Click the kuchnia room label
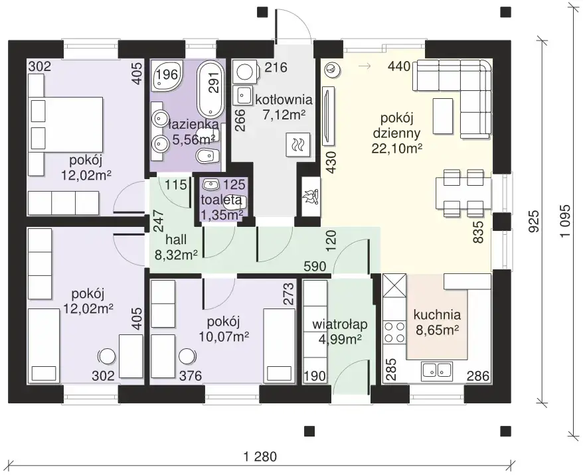pyautogui.click(x=437, y=315)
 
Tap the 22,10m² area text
pyautogui.click(x=396, y=148)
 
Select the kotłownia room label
pyautogui.click(x=284, y=100)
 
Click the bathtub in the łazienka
pyautogui.click(x=210, y=89)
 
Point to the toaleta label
pyautogui.click(x=221, y=200)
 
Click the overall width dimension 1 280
pyautogui.click(x=260, y=456)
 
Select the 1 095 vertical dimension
pyautogui.click(x=566, y=221)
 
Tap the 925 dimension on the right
pyautogui.click(x=534, y=222)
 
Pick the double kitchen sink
pyautogui.click(x=436, y=370)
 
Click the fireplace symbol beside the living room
pyautogui.click(x=311, y=196)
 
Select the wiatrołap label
pyautogui.click(x=339, y=324)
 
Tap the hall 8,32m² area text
pyautogui.click(x=176, y=255)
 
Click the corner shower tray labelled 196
pyautogui.click(x=167, y=76)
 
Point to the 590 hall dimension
pyautogui.click(x=315, y=266)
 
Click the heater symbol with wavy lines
pyautogui.click(x=298, y=144)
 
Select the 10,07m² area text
pyautogui.click(x=224, y=337)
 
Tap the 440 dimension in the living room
pyautogui.click(x=399, y=66)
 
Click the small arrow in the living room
pyautogui.click(x=365, y=66)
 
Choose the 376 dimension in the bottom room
pyautogui.click(x=191, y=376)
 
